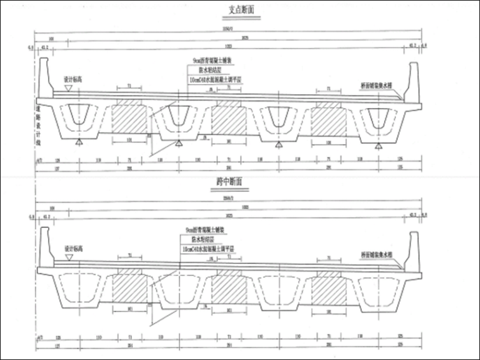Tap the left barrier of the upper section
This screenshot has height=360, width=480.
[x=45, y=76]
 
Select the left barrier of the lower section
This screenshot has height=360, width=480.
[x=45, y=248]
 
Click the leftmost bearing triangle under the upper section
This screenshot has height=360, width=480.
[x=78, y=145]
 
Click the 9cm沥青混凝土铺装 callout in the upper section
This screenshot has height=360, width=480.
[x=204, y=62]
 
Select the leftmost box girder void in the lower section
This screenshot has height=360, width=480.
[x=78, y=290]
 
